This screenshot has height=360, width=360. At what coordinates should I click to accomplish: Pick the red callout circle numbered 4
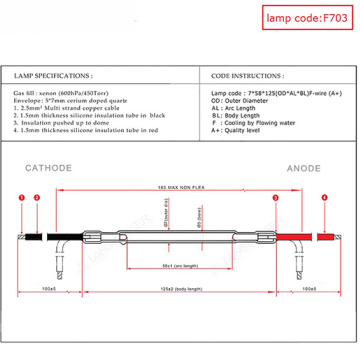pyautogui.click(x=323, y=199)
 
